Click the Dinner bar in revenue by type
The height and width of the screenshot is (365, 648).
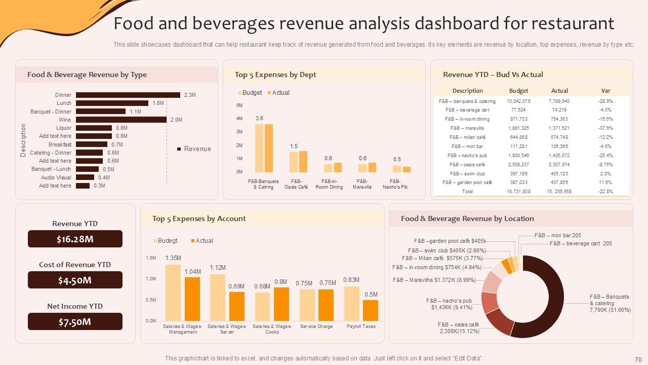128,95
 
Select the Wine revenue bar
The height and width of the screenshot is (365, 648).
121,120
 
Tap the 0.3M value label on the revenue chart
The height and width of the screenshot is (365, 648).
99,186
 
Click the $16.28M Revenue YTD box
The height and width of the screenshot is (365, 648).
75,239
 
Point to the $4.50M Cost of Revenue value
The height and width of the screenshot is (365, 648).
75,280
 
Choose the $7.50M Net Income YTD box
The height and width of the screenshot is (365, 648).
75,322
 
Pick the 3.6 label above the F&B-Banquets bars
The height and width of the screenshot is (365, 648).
259,118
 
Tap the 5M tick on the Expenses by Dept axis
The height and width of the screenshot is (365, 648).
239,105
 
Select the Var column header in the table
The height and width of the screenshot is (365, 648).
605,91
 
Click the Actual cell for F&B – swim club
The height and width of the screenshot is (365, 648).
559,173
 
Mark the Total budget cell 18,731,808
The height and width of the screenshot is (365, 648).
518,192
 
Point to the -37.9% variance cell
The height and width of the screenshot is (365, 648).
605,128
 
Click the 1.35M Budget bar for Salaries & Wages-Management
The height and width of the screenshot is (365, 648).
173,293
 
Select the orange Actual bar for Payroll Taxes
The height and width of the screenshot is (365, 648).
371,310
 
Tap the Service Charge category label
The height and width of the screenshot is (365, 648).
316,326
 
